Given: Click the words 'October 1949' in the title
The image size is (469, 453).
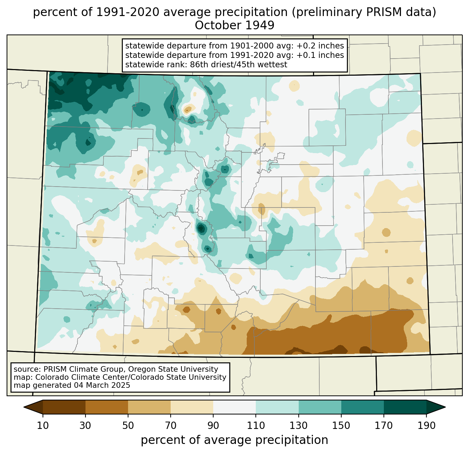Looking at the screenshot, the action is [234, 25].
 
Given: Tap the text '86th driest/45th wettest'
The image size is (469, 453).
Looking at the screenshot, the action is [239, 65].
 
